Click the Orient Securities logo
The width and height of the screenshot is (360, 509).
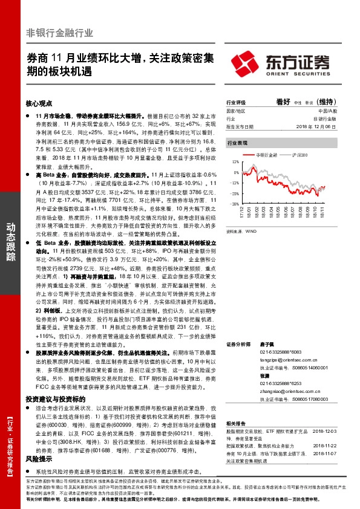click(x=280, y=62)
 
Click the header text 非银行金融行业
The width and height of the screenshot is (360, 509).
click(x=59, y=33)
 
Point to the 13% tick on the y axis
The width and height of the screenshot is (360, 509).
click(x=235, y=163)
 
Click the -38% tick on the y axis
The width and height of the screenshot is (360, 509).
click(x=234, y=204)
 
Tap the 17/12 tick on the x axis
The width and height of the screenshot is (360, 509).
click(x=241, y=212)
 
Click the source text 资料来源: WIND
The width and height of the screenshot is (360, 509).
click(x=240, y=231)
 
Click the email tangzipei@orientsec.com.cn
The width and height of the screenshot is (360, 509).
click(x=284, y=358)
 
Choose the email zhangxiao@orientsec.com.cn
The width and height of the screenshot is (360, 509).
click(x=284, y=391)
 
